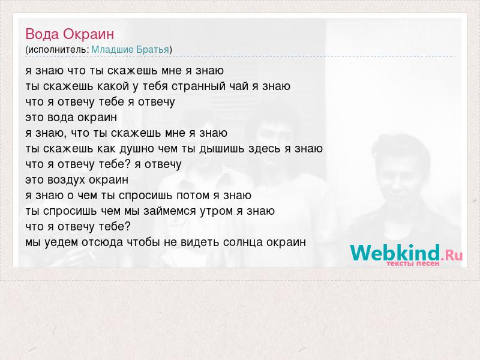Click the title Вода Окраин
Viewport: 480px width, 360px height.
pyautogui.click(x=70, y=34)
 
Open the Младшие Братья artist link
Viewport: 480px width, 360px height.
pyautogui.click(x=130, y=50)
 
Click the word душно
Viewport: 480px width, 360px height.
pyautogui.click(x=137, y=149)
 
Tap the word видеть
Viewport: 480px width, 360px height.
pyautogui.click(x=200, y=242)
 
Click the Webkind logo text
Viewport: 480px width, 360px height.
pyautogui.click(x=406, y=253)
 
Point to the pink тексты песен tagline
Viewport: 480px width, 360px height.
pyautogui.click(x=413, y=263)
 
